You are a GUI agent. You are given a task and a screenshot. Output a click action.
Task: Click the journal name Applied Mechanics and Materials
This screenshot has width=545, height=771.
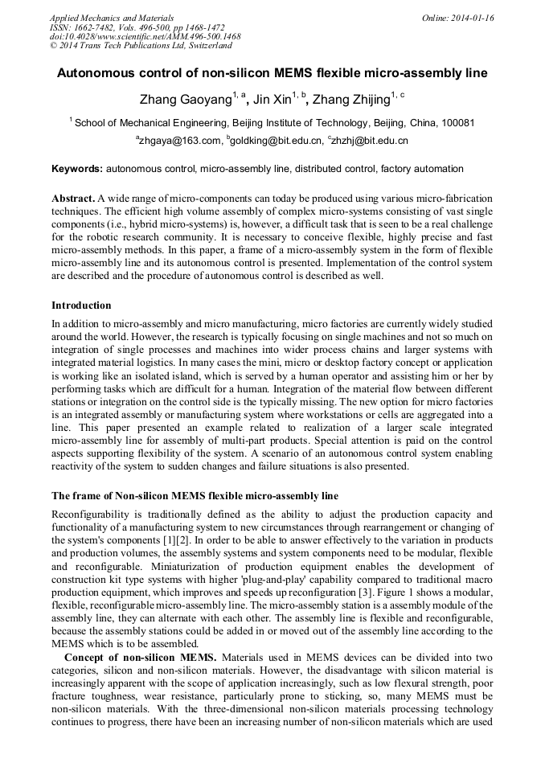(x=111, y=18)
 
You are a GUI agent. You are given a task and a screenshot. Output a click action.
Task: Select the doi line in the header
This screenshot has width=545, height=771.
(x=145, y=37)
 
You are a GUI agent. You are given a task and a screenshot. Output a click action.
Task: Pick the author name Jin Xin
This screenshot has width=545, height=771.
(x=272, y=100)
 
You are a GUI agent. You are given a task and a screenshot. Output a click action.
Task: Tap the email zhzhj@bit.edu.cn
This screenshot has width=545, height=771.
(x=370, y=141)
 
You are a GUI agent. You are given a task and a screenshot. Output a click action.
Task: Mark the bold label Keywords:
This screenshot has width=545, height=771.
(x=77, y=170)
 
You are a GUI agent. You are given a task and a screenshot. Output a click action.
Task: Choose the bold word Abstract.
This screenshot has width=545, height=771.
(x=73, y=198)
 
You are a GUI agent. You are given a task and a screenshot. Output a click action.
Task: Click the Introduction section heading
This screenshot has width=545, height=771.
(x=81, y=306)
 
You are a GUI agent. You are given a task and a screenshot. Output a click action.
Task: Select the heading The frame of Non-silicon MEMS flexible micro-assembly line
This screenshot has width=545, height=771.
(x=195, y=495)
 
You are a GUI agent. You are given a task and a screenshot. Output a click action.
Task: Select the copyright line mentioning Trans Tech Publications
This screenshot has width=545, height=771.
(x=140, y=47)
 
